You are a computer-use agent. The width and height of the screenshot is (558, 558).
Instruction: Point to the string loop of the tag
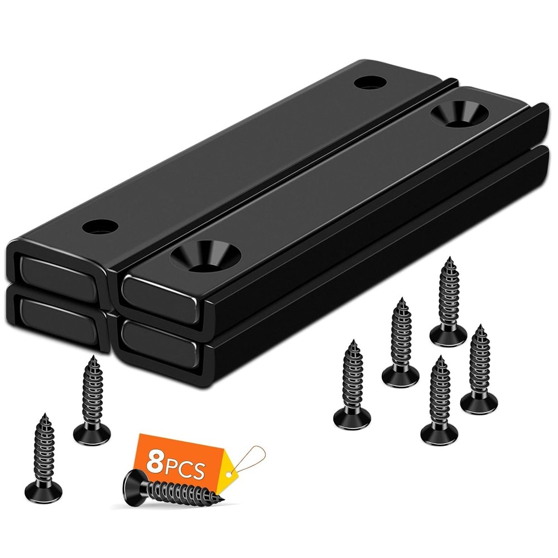tap(252, 458)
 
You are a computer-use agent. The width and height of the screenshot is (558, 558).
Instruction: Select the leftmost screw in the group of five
tap(353, 385)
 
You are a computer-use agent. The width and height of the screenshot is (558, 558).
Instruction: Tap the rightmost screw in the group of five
tap(479, 368)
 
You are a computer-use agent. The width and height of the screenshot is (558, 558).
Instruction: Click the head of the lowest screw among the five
tap(439, 434)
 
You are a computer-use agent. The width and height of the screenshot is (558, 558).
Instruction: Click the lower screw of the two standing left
tap(44, 458)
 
